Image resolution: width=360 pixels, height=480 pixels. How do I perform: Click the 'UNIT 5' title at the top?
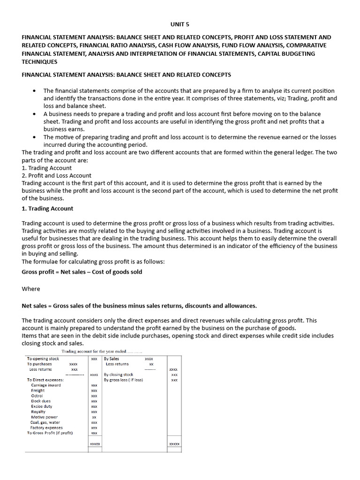coord(180,24)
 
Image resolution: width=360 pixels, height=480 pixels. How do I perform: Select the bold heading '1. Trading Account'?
coord(47,209)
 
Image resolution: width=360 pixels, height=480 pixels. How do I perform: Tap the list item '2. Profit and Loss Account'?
coord(57,175)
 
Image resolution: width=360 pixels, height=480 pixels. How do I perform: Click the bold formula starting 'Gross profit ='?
coord(82,272)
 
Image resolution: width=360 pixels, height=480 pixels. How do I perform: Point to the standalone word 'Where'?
coord(31,289)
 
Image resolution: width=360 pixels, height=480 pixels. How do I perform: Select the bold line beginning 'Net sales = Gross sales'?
coord(139,306)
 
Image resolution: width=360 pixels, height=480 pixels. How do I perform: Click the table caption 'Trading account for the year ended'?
coord(102,352)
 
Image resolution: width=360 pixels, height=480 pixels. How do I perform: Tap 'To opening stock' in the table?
coord(43,359)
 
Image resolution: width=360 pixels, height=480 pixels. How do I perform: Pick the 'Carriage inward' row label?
coord(46,385)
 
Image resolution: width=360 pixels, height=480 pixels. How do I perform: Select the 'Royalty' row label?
coord(38,412)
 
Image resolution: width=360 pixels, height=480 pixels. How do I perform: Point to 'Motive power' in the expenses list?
coord(45,417)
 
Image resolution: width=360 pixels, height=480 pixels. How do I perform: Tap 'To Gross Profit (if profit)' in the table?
coord(50,433)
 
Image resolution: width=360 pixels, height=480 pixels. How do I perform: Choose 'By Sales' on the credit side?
coord(112,359)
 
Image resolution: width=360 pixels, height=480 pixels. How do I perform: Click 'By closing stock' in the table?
coord(119,375)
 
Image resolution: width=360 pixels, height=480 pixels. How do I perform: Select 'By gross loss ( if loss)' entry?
coord(123,380)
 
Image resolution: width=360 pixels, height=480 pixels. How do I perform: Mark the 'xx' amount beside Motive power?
coord(94,417)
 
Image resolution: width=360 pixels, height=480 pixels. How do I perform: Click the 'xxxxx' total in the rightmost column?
coord(174,444)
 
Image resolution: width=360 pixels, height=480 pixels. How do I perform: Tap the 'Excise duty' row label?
coord(42,406)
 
